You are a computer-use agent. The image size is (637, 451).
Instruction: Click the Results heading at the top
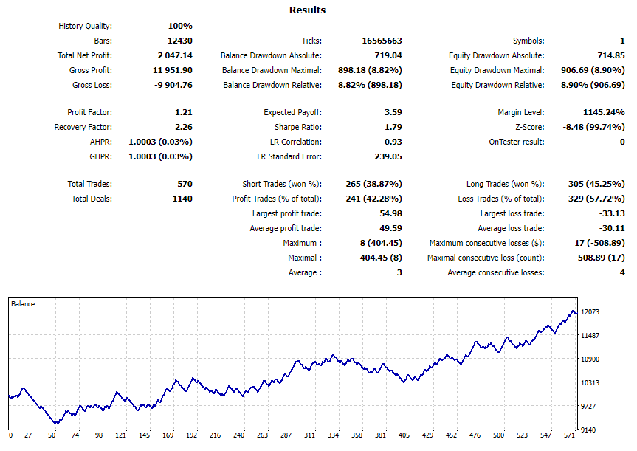click(x=307, y=10)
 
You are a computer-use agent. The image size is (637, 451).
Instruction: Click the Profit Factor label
click(x=89, y=112)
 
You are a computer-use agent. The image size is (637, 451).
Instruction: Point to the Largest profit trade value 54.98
click(x=389, y=213)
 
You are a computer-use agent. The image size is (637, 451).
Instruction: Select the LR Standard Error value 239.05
click(x=387, y=156)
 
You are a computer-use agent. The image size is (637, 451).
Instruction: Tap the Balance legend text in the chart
click(x=23, y=304)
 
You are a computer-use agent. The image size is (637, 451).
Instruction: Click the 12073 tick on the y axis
click(x=590, y=312)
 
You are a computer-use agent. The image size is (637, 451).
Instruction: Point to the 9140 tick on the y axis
click(x=589, y=430)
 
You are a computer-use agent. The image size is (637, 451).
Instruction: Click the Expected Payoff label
click(x=292, y=112)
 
